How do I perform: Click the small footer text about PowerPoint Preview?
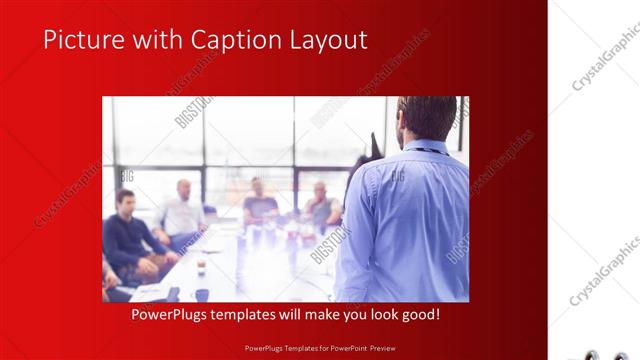coord(319,349)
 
